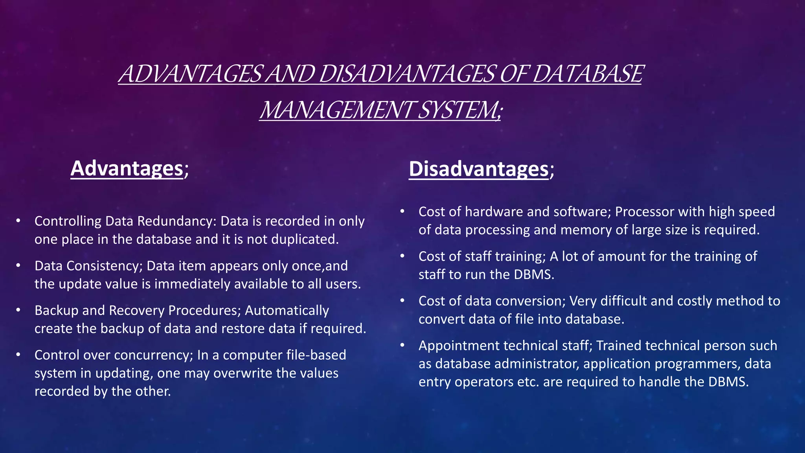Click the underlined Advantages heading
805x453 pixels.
[127, 168]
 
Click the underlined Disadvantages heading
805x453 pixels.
[478, 169]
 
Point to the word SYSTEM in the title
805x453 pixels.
[458, 110]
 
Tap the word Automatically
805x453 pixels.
[287, 311]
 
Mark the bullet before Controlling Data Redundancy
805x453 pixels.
[18, 221]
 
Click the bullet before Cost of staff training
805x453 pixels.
[402, 256]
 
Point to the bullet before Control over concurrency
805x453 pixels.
[18, 355]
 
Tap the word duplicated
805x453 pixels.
[305, 239]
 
